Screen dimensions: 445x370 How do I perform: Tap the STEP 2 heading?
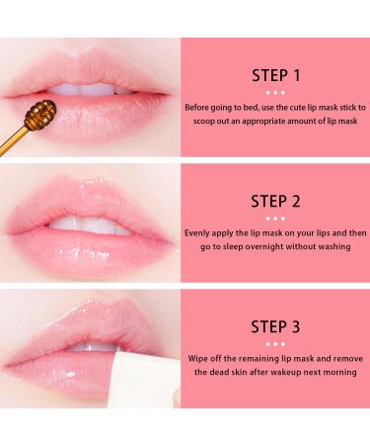coord(275,203)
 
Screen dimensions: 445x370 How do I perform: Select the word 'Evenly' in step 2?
coord(199,232)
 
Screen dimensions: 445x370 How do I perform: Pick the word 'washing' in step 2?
coord(333,246)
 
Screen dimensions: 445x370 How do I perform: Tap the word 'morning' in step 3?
coord(335,375)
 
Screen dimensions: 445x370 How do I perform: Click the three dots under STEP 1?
coord(275,90)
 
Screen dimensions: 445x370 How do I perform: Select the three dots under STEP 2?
coord(275,219)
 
